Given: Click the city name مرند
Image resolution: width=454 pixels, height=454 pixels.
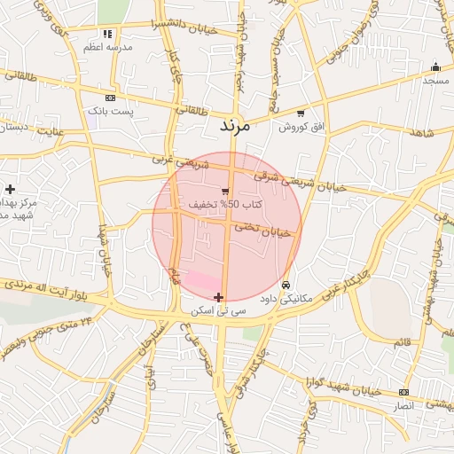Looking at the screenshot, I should click(x=235, y=127).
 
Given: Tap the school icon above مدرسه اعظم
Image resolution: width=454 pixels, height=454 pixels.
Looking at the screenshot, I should click(x=108, y=35).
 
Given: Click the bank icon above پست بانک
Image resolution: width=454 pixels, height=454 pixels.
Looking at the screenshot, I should click(x=110, y=98).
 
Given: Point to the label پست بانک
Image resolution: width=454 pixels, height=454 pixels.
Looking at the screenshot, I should click(x=110, y=112).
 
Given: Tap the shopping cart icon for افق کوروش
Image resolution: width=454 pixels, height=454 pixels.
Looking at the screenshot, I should click(x=301, y=113).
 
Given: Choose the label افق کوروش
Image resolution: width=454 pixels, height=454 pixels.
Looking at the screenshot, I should click(x=301, y=128).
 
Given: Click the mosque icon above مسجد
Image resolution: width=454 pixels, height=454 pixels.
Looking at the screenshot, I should click(x=435, y=67).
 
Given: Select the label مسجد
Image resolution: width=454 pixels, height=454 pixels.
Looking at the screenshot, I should click(x=435, y=81).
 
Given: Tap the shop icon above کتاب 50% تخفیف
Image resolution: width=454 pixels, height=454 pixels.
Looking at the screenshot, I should click(x=225, y=191).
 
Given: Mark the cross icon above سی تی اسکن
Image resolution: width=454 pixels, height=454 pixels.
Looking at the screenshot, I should click(x=218, y=297).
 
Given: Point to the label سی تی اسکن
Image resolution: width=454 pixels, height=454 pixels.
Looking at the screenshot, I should click(x=214, y=312).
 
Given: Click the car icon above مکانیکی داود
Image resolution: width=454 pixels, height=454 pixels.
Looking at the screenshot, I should click(x=286, y=285).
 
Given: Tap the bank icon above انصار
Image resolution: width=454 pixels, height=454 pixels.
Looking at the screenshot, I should click(x=403, y=392).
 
